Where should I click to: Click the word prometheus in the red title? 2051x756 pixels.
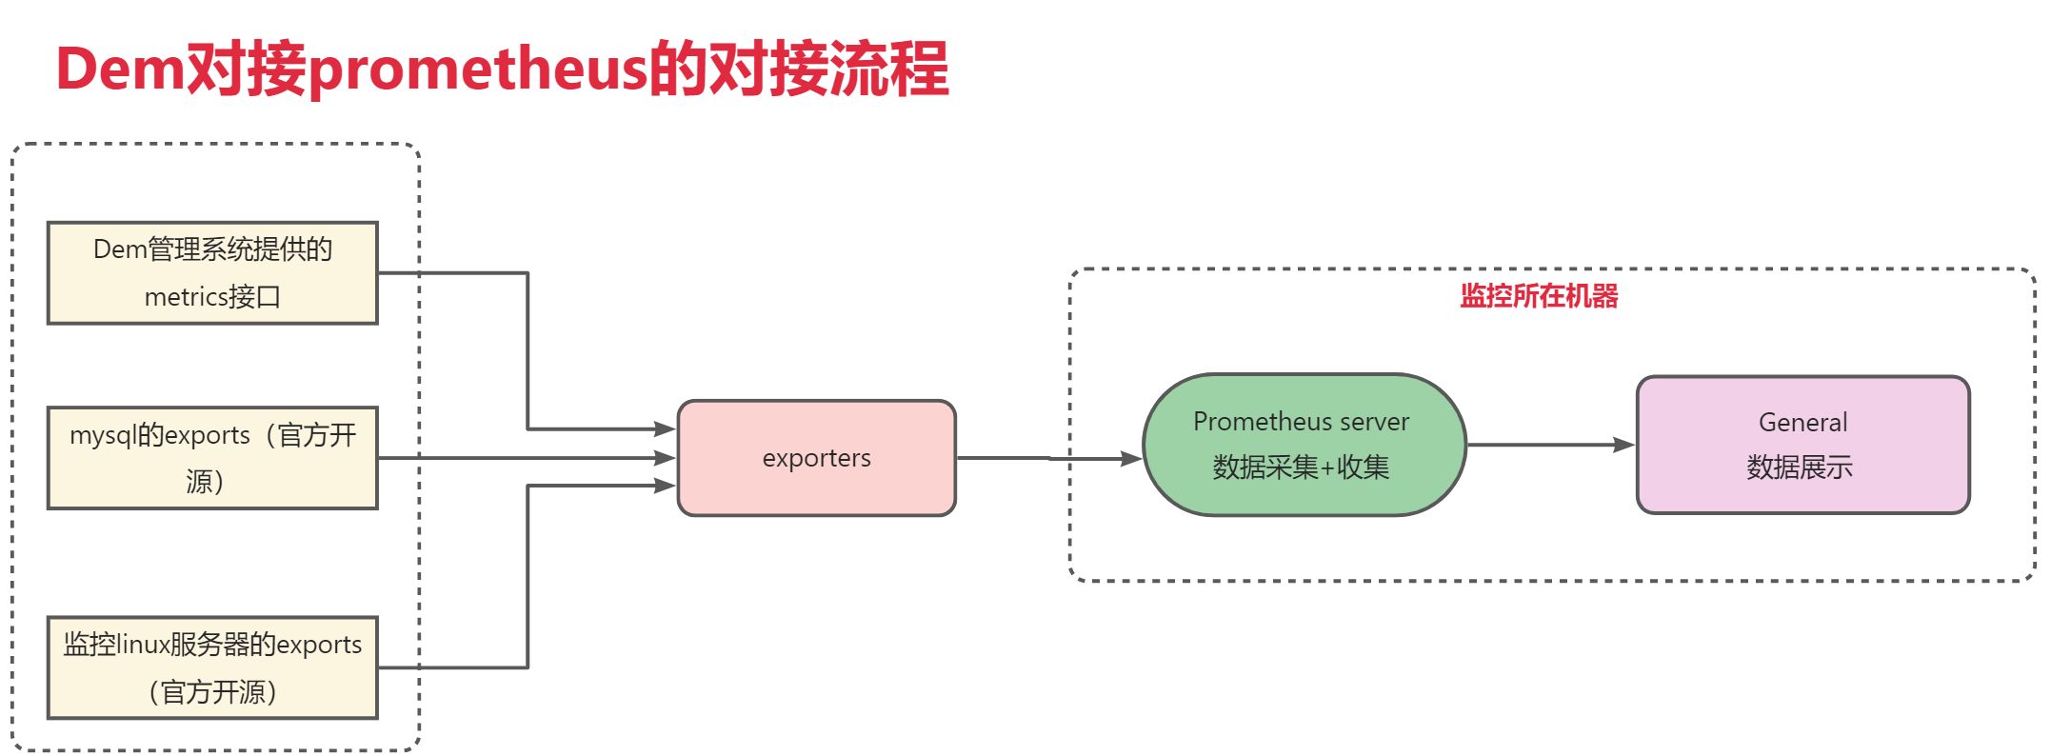click(477, 70)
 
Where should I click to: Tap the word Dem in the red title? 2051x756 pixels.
click(120, 70)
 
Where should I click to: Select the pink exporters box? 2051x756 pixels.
click(816, 458)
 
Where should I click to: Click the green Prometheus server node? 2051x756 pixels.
click(1303, 445)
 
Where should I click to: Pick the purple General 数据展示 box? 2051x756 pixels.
click(1802, 445)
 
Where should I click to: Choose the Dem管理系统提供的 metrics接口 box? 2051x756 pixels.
click(212, 273)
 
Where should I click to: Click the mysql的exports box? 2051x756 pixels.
click(212, 458)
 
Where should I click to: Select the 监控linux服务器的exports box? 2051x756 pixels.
click(212, 667)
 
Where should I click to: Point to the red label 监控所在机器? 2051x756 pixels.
click(1539, 296)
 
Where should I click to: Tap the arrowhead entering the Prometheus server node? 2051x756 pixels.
click(1131, 459)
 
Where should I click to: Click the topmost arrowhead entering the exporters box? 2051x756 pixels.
click(665, 429)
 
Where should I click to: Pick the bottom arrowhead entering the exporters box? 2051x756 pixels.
click(665, 486)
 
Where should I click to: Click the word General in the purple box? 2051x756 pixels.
click(1802, 422)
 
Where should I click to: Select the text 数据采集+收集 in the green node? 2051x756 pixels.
click(1301, 468)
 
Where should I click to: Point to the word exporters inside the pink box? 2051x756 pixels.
click(816, 458)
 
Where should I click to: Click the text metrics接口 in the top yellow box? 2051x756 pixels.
click(212, 297)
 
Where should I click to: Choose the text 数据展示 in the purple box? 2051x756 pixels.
click(1800, 468)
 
